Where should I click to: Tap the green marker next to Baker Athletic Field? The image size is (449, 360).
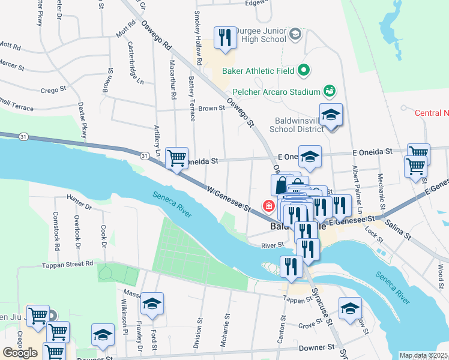pyautogui.click(x=304, y=71)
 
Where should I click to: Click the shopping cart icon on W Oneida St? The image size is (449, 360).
pyautogui.click(x=176, y=158)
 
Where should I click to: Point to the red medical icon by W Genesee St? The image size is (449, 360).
pyautogui.click(x=268, y=206)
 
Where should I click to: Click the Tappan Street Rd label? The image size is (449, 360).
pyautogui.click(x=67, y=263)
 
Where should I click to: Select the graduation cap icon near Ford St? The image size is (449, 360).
pyautogui.click(x=152, y=304)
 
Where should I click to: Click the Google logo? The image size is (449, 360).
pyautogui.click(x=20, y=352)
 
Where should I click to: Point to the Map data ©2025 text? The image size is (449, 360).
pyautogui.click(x=423, y=355)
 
